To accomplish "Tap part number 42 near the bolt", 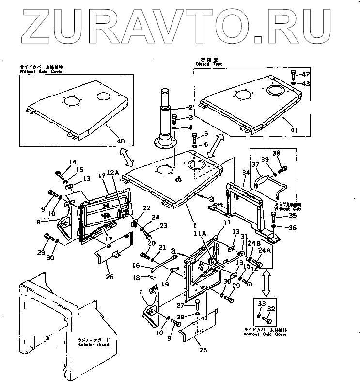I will (x=306, y=74).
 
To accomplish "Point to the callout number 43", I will (x=306, y=83).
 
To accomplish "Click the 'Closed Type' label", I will (x=209, y=64).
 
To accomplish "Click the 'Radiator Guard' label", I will (x=92, y=344).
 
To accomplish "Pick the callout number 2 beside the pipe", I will (x=191, y=108).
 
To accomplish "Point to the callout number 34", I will (x=245, y=172).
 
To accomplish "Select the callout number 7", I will (x=141, y=293).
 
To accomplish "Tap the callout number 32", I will (x=271, y=308).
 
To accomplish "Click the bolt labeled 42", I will (x=293, y=74).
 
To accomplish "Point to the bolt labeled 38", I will (x=284, y=168).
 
